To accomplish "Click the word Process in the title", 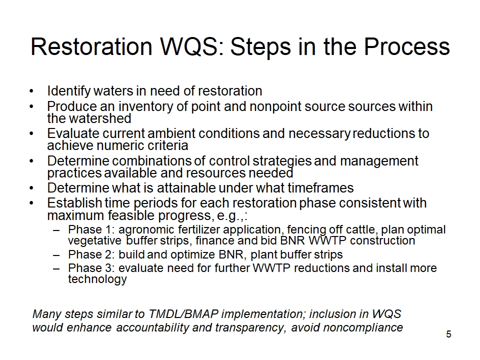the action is [407, 47].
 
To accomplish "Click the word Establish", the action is [74, 203].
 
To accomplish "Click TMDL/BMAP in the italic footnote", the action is [183, 314].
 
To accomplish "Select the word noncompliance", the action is [363, 327].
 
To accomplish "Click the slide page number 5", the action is [448, 334].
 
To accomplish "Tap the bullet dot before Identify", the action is [31, 91].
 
